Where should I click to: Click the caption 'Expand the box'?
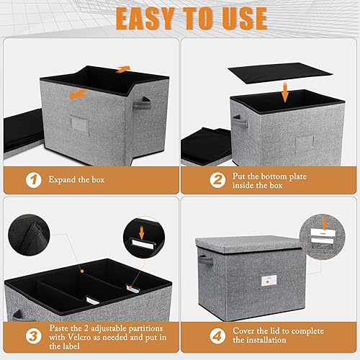coord(79,179)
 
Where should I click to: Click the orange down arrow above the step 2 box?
coord(285,91)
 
